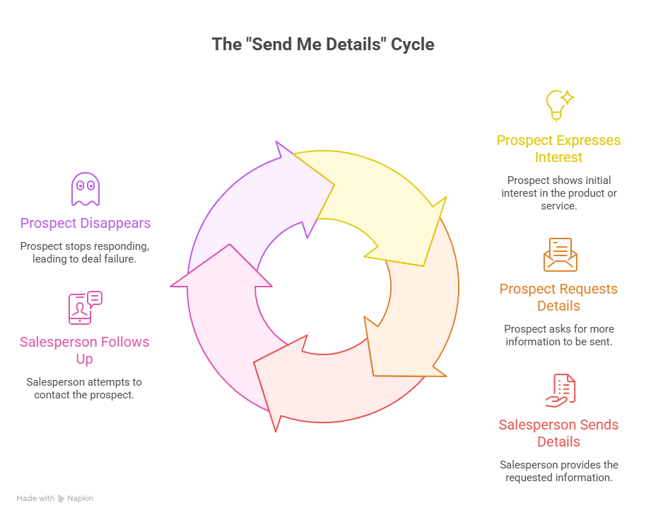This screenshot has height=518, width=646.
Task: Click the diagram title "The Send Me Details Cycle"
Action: coord(323,45)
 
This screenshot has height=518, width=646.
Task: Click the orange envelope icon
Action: coord(560,254)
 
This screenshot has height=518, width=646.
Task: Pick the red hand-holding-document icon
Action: coord(560,390)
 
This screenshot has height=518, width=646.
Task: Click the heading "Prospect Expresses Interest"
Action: coord(558,149)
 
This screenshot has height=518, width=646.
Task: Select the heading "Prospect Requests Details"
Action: coord(558,297)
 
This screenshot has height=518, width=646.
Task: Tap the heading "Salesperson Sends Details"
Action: coord(558,433)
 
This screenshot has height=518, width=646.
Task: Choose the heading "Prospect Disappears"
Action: coord(86,224)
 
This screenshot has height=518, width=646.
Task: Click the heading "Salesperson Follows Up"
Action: coord(85,350)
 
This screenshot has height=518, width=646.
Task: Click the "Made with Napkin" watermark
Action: coord(55,498)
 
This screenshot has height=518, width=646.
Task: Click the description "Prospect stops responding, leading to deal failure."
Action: coord(86,252)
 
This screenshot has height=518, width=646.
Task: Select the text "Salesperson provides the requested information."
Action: coord(558,471)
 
